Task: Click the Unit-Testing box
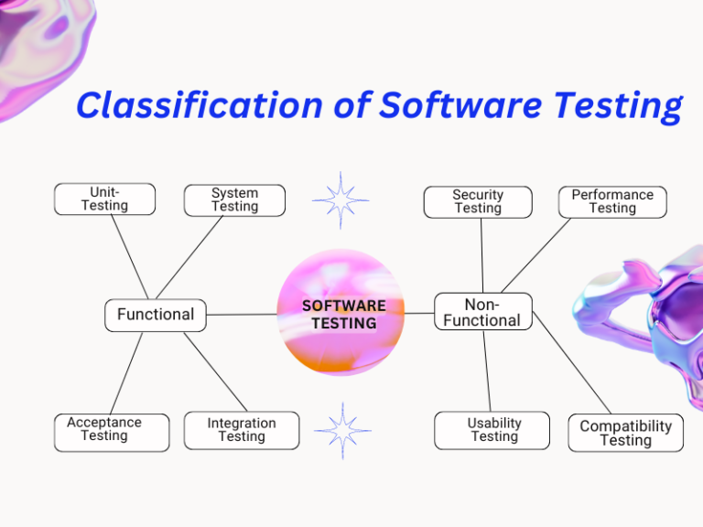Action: [104, 199]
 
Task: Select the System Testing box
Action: [234, 199]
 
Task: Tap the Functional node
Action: [156, 315]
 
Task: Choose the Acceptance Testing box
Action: [111, 432]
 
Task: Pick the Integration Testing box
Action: [241, 431]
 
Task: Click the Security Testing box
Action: [477, 201]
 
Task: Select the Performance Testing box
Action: [612, 201]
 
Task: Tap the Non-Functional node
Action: [482, 312]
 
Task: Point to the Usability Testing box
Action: [492, 430]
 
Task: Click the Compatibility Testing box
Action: [625, 433]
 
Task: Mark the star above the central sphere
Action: [341, 199]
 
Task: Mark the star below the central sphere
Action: [342, 431]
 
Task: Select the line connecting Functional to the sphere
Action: [242, 314]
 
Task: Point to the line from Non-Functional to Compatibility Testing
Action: [572, 362]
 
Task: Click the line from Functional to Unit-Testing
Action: [130, 257]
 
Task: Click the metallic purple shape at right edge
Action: [650, 320]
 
